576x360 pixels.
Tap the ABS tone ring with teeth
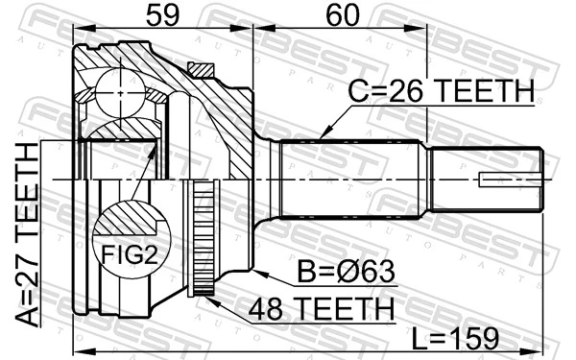tap(202, 236)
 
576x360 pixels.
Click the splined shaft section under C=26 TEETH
tap(350, 179)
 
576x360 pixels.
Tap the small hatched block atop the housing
tap(201, 68)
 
